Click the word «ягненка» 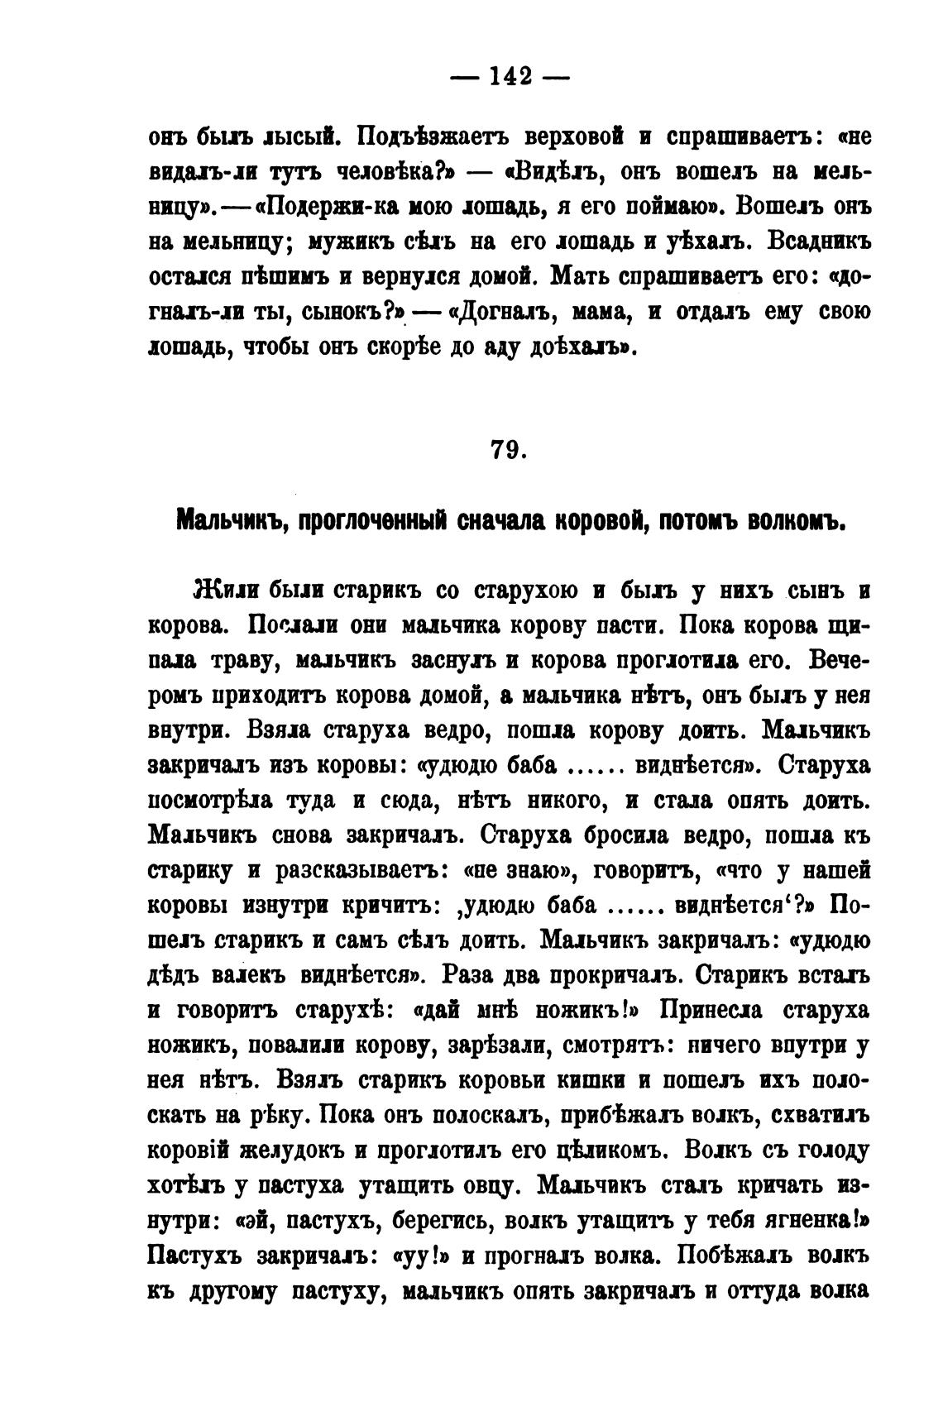pyautogui.click(x=817, y=1220)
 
